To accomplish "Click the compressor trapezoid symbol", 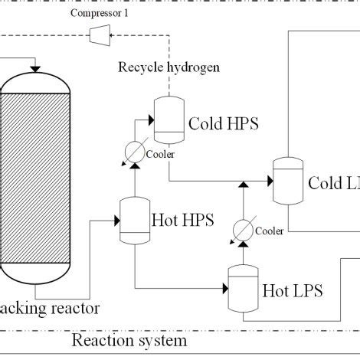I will pos(97,33).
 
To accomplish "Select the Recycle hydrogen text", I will pos(169,67).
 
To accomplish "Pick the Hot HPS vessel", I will pos(134,220).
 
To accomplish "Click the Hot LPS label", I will pos(292,290).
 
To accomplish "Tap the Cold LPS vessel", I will pos(288,181).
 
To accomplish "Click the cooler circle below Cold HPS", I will pos(135,151).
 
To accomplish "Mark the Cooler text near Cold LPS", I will pos(269,231).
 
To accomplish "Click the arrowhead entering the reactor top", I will pos(34,70).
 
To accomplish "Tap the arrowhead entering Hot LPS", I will pos(226,288).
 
